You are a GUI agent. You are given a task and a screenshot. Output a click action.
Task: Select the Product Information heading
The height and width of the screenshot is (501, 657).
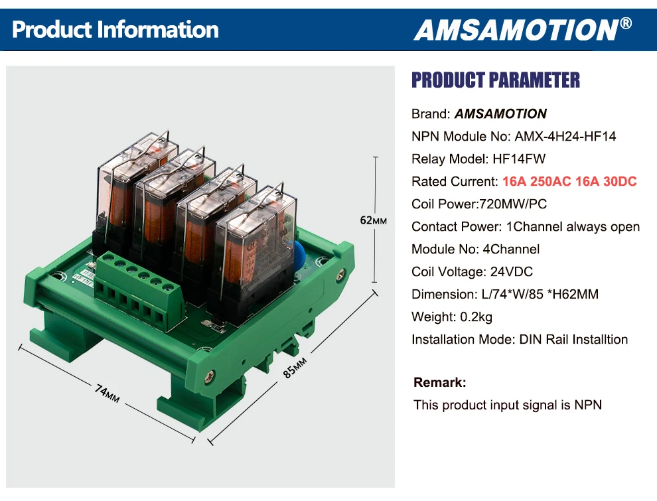pos(115,30)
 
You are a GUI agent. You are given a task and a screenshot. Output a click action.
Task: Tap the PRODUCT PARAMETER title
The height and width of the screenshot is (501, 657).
pos(496,80)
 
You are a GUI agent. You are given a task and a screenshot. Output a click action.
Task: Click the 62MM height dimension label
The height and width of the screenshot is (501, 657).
pos(373,220)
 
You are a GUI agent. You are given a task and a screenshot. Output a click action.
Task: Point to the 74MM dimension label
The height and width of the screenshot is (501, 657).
pos(108,394)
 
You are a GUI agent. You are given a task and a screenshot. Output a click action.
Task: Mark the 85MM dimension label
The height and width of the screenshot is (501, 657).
pos(295,368)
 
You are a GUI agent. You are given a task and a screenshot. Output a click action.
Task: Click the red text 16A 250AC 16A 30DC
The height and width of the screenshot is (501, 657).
pos(569,181)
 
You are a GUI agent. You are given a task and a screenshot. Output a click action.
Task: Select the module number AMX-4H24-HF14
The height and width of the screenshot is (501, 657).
pos(565,137)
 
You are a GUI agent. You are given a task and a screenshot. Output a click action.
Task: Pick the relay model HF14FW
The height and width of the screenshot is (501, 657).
pos(519,159)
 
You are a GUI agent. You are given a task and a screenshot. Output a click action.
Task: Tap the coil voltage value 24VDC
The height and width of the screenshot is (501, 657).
pos(512,272)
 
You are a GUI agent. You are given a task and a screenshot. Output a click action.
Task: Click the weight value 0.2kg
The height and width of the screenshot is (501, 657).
pos(476,317)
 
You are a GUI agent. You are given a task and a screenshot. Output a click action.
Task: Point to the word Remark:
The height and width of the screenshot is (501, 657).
pos(439,382)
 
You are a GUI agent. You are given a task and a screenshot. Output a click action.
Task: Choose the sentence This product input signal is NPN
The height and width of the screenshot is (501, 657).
pos(508,405)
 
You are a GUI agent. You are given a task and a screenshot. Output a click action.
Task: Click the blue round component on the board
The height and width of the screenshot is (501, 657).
pos(299,255)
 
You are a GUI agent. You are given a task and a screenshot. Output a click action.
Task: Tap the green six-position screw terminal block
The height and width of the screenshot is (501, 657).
pos(139,293)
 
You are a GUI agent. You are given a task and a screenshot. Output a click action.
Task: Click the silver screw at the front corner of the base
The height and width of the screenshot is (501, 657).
pos(209,377)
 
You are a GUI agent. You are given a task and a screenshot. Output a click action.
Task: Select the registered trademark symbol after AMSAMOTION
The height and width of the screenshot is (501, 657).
pos(626,23)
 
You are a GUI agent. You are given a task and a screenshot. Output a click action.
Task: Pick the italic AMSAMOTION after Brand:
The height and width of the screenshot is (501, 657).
pos(500,114)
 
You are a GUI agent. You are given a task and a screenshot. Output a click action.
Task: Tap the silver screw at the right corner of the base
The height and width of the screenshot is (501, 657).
pos(341,273)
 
